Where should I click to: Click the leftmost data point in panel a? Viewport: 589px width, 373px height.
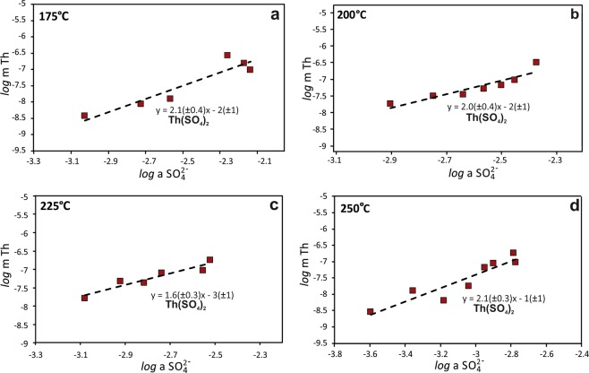click(x=85, y=116)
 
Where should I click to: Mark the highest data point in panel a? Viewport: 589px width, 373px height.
click(x=227, y=56)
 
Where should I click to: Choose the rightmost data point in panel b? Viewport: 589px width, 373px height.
click(x=536, y=62)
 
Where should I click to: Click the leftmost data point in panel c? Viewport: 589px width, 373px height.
click(x=85, y=297)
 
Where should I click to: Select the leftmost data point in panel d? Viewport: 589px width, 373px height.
click(x=371, y=311)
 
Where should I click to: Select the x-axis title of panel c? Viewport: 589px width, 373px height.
click(x=152, y=365)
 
